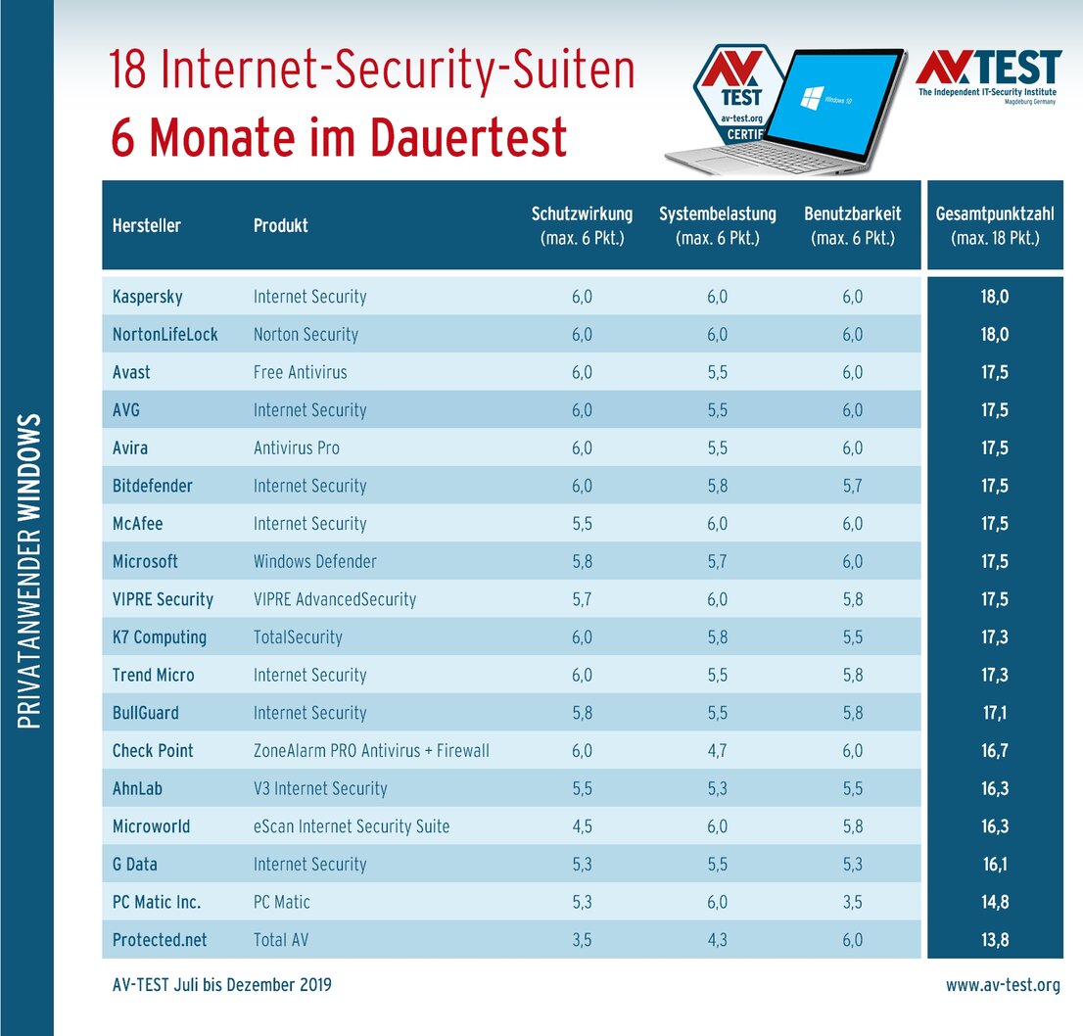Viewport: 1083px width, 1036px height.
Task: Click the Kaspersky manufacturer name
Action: [148, 297]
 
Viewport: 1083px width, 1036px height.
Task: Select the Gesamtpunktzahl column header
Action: [994, 225]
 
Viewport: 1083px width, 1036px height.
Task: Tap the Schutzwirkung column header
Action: [582, 225]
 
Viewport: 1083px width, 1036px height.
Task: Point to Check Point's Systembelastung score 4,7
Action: [718, 751]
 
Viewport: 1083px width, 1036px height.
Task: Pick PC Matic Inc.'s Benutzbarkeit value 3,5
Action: [852, 902]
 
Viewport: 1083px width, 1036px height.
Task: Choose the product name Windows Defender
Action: [314, 562]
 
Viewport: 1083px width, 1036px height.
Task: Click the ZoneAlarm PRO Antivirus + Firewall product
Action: [371, 751]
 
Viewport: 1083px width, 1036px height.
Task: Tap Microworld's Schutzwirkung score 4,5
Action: [582, 826]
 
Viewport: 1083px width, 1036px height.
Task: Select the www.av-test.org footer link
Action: [1003, 985]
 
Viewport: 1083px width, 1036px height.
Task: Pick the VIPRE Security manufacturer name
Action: [163, 599]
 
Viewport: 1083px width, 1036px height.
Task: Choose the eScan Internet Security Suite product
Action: [352, 826]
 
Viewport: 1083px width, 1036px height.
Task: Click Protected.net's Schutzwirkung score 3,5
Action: [582, 940]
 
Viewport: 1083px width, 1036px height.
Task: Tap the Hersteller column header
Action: [147, 225]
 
